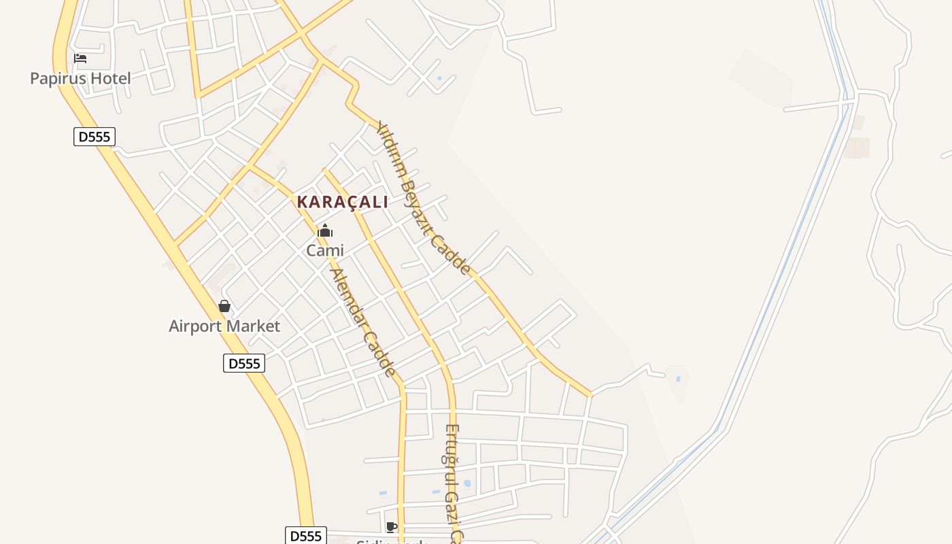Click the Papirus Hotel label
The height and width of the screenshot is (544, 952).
click(80, 78)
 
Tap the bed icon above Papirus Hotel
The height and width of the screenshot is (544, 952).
click(80, 58)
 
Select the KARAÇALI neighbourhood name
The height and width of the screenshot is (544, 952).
click(342, 202)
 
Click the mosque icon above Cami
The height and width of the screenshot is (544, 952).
click(325, 231)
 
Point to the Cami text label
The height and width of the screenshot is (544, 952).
click(325, 250)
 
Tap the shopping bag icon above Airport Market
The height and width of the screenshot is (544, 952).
click(224, 306)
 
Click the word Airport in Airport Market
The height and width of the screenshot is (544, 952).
click(195, 326)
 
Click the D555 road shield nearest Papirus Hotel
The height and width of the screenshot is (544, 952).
click(95, 137)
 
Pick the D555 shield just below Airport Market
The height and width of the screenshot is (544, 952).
click(244, 363)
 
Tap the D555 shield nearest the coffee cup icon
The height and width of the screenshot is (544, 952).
click(306, 536)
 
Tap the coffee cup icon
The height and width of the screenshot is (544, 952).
click(391, 526)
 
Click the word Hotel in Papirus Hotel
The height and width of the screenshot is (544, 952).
click(111, 78)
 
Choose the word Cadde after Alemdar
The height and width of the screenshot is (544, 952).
click(379, 353)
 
